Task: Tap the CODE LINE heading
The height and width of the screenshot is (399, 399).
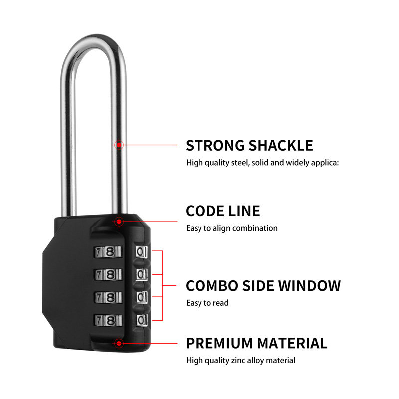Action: pos(222,211)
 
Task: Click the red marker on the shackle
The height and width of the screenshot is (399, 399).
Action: pos(119,145)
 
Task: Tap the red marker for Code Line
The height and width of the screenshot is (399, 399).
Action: pos(119,221)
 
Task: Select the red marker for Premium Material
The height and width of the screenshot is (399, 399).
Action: pos(119,343)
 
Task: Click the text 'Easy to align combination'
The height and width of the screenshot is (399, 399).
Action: pos(231,228)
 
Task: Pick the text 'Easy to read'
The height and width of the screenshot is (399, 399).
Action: pos(207,303)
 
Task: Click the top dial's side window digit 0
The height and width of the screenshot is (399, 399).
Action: pos(141,252)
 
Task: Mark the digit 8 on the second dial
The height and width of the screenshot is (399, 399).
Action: pos(111,275)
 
